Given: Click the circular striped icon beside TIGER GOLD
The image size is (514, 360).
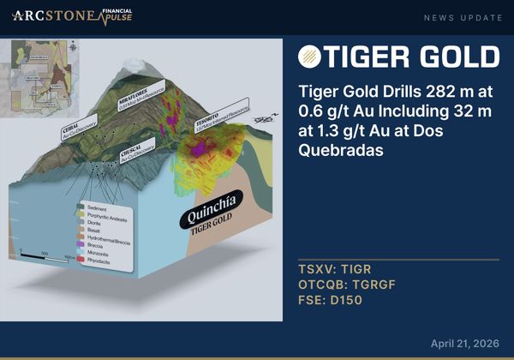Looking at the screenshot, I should (x=310, y=57).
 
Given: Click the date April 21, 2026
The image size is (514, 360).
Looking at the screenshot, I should (x=465, y=343).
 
